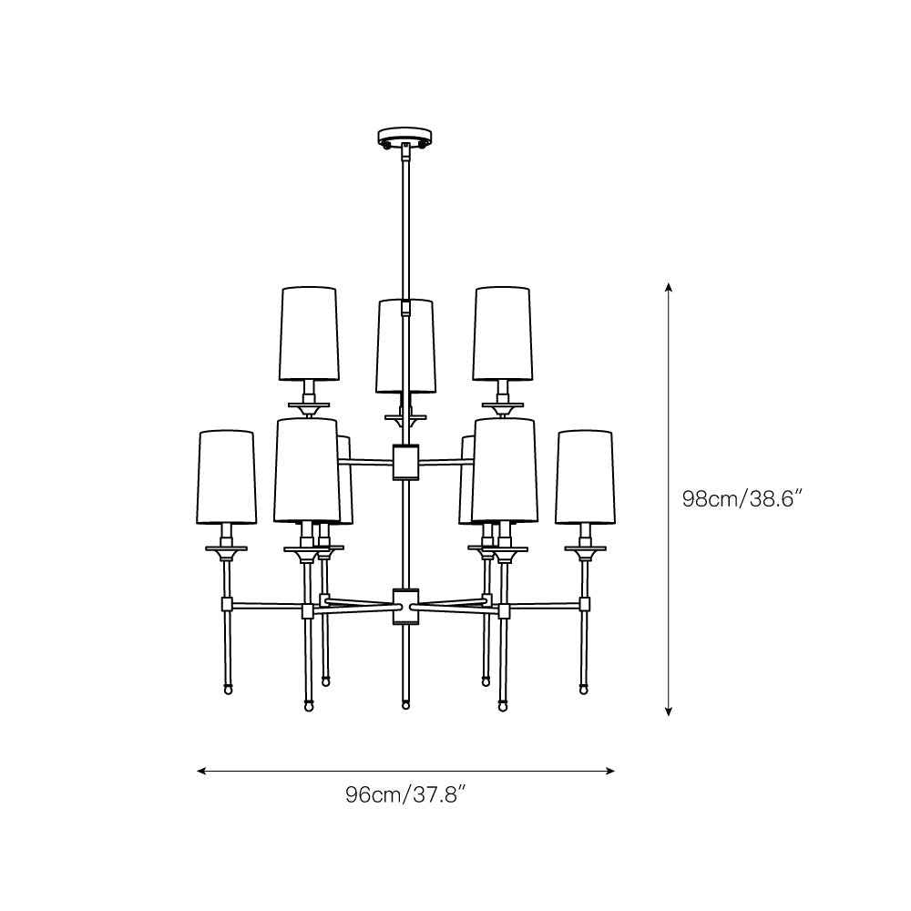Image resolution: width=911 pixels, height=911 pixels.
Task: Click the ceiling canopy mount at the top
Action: pos(405,138)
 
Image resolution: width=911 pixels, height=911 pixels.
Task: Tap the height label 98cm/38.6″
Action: pos(742,498)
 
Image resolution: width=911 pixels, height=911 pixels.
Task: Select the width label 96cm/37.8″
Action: pos(405,794)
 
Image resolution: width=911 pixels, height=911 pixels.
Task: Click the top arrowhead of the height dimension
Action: pos(669,288)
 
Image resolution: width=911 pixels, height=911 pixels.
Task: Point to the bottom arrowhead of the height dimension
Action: pos(669,711)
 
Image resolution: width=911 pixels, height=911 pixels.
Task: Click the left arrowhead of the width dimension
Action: pos(202,771)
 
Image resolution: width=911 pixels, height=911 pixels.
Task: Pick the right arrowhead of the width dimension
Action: pos(609,771)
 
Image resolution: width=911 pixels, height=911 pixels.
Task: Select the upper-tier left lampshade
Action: pos(309,333)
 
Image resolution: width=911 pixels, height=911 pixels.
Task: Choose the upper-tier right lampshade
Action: pos(503,333)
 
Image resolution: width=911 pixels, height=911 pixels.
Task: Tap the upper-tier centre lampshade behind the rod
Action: pos(405,346)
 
